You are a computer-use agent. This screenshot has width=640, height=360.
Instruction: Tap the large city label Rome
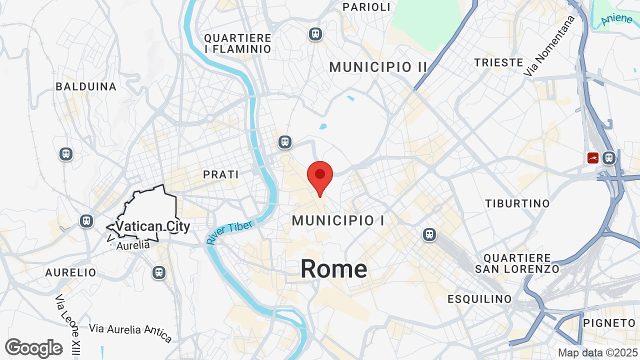click(333, 269)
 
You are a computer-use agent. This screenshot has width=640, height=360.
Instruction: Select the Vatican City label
click(152, 226)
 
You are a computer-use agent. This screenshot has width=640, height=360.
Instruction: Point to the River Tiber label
click(229, 233)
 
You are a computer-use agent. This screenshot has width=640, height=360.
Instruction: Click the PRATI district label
click(221, 175)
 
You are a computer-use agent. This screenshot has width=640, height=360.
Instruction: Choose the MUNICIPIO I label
click(338, 220)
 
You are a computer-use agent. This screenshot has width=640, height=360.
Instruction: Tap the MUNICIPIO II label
click(378, 67)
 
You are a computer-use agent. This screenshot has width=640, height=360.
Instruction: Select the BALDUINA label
click(86, 86)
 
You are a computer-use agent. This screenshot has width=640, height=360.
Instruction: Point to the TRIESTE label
click(498, 62)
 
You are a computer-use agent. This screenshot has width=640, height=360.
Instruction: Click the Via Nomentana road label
click(549, 46)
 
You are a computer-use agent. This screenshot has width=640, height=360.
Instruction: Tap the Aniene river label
click(617, 19)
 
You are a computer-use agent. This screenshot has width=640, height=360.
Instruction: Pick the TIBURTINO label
click(517, 203)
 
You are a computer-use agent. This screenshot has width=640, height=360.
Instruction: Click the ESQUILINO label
click(479, 299)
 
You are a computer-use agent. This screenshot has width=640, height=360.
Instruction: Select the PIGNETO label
click(609, 323)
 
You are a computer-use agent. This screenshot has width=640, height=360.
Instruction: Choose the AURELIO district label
click(70, 272)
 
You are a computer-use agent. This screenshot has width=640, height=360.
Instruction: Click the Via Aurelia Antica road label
click(130, 332)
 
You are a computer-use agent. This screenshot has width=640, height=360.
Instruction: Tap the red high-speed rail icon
click(593, 158)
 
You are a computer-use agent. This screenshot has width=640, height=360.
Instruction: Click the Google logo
click(34, 348)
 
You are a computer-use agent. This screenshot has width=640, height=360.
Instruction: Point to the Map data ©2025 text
click(597, 352)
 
